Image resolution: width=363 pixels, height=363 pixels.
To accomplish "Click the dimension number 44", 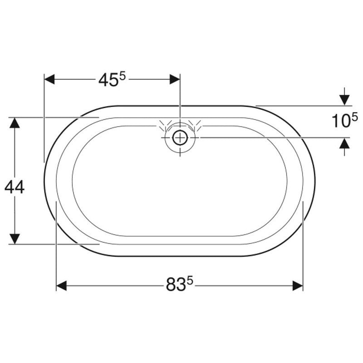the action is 15,187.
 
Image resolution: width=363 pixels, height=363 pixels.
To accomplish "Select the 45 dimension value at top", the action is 108,81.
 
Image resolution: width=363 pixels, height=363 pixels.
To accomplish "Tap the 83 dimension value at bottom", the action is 176,285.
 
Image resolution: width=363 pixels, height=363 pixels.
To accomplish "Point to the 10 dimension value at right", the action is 341,121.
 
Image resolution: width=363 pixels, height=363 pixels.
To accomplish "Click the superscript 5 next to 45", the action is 123,76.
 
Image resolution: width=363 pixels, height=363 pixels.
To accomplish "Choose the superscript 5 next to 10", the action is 355,118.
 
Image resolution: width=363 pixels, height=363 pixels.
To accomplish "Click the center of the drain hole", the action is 180,137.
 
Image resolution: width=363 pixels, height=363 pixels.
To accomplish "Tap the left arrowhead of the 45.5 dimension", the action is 49,79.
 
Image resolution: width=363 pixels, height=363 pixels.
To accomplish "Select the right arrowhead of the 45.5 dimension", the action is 175,79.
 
